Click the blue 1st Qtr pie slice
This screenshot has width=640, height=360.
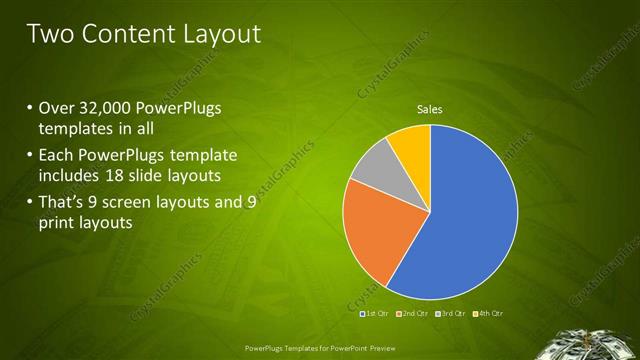[470, 215]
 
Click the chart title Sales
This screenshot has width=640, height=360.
[429, 110]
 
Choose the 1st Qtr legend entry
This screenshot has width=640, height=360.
[375, 314]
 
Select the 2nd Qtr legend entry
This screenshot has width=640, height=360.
[413, 314]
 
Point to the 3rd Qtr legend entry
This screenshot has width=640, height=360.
[451, 314]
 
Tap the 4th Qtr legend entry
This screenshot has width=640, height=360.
[488, 314]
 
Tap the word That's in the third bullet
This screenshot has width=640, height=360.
[63, 203]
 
